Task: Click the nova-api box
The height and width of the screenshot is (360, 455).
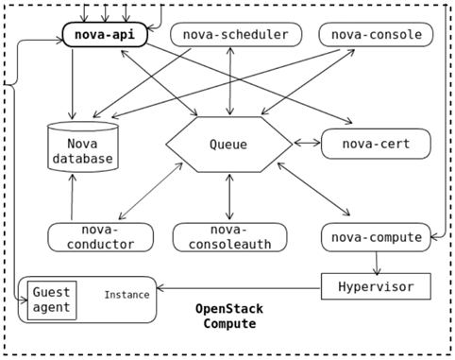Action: (x=105, y=34)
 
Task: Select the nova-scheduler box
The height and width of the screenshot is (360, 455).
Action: (x=236, y=34)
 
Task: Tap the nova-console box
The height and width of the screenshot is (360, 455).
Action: (x=376, y=34)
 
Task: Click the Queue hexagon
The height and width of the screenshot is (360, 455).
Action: (x=229, y=145)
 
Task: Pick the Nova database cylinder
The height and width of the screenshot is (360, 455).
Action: (x=83, y=146)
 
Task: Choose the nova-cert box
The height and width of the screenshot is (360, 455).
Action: (x=376, y=144)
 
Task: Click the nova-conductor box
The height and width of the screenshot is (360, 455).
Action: (x=100, y=237)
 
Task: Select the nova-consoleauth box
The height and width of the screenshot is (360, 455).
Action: (x=229, y=237)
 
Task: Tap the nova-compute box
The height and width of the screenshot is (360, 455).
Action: (x=376, y=237)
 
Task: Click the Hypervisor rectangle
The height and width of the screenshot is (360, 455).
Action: (x=376, y=286)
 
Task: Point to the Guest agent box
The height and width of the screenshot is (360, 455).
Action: (x=52, y=300)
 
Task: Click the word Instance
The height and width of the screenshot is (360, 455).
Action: (x=126, y=295)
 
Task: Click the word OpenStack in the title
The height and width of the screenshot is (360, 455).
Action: (x=229, y=309)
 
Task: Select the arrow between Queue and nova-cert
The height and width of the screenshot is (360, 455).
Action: (x=307, y=144)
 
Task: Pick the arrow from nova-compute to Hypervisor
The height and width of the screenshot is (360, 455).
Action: (x=377, y=264)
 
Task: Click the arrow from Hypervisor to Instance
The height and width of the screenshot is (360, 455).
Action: (x=239, y=288)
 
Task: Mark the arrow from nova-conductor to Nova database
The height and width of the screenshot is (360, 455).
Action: (x=72, y=197)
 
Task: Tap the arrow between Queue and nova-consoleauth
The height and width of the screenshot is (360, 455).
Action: (x=229, y=197)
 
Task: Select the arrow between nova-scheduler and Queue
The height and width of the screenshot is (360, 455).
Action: (x=230, y=81)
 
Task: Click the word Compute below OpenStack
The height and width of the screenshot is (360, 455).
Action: (x=229, y=323)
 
